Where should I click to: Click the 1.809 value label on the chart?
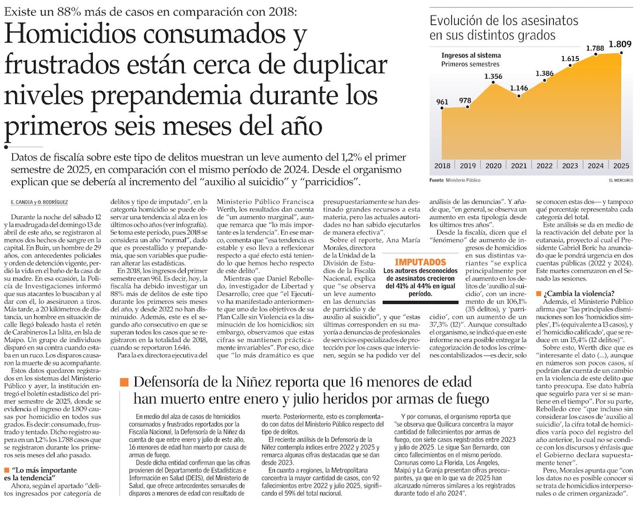coord(619,43)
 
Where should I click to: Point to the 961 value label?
coord(442,103)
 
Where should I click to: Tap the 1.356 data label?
coord(493,76)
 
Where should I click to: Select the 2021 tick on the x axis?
coord(519,166)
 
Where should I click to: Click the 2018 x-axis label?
coord(442,166)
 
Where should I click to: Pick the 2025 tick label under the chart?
coord(621,166)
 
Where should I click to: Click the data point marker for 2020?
coord(493,84)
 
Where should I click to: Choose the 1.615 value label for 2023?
coord(570,59)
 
